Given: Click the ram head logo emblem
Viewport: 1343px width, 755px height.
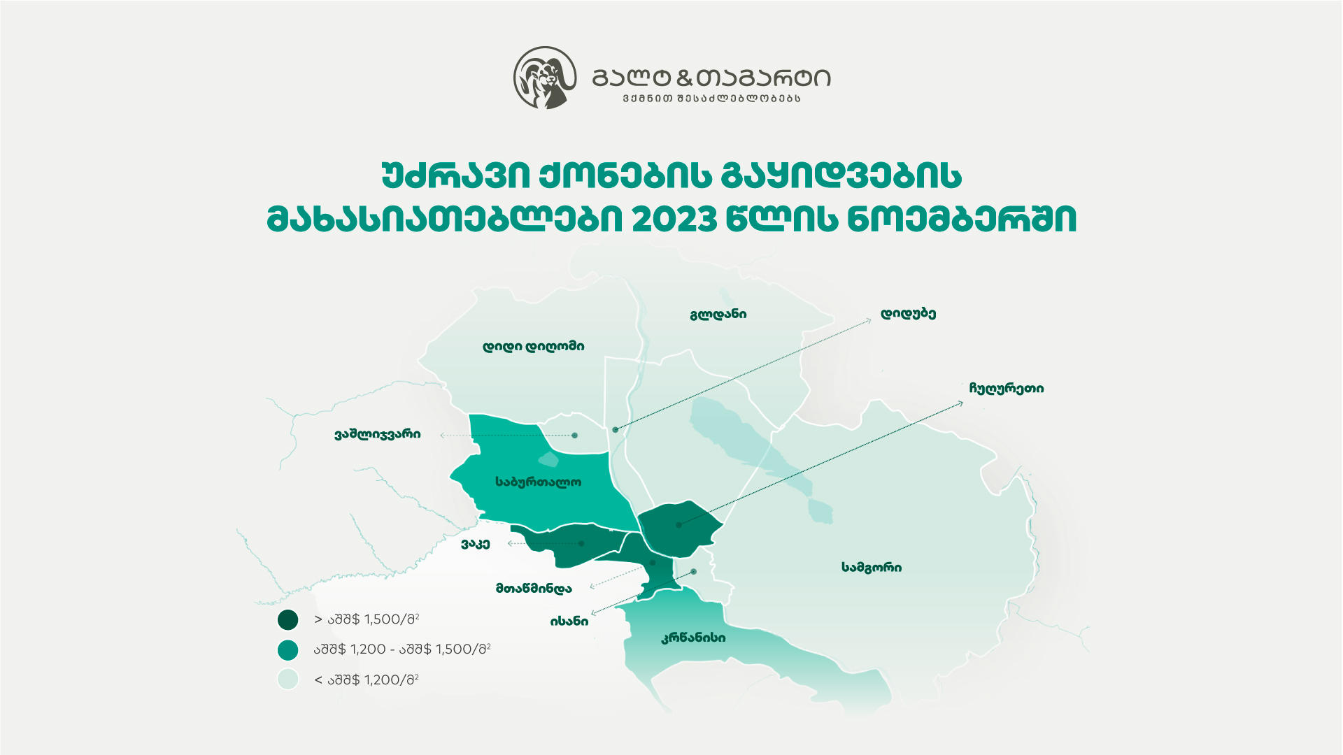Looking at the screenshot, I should tap(544, 78).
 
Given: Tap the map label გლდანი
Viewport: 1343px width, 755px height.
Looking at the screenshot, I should tap(718, 315).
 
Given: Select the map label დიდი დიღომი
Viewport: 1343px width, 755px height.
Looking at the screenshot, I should tap(533, 347).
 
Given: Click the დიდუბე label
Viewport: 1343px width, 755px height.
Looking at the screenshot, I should tap(908, 314).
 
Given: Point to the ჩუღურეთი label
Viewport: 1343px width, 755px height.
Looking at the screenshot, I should tap(1006, 389).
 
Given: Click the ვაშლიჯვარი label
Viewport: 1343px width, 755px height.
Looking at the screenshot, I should tap(377, 435).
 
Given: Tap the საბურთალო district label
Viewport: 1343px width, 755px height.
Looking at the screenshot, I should tap(538, 482).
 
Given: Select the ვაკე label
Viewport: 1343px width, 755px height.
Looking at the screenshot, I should tap(475, 544).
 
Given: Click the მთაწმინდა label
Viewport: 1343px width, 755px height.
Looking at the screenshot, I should tap(534, 589).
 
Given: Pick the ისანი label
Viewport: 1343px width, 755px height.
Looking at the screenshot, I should tap(569, 621).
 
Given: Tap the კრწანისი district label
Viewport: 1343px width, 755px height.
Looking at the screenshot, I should tap(693, 638).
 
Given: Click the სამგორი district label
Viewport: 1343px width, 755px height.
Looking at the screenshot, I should tap(871, 568).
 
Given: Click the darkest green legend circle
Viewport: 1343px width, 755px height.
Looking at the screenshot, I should tap(288, 620).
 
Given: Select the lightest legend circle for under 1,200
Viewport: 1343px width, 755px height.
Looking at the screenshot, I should tap(288, 679).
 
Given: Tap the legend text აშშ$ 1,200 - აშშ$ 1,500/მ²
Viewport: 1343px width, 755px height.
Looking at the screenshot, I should tap(402, 649).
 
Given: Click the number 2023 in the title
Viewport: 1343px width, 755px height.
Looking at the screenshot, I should tap(674, 220).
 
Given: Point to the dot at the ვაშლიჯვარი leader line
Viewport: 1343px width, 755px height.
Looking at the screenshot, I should tap(575, 436).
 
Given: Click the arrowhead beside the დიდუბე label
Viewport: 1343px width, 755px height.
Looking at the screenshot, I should tap(869, 320).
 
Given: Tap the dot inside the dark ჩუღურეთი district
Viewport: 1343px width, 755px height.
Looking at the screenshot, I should tap(678, 525).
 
